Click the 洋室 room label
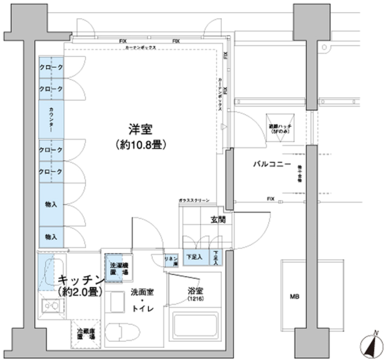click(x=140, y=130)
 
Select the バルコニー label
click(x=272, y=164)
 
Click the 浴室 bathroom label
click(x=195, y=290)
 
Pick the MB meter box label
click(x=294, y=297)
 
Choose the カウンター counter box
click(x=51, y=119)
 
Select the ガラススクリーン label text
click(x=194, y=201)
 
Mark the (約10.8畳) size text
click(x=140, y=145)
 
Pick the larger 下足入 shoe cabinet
click(x=194, y=256)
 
